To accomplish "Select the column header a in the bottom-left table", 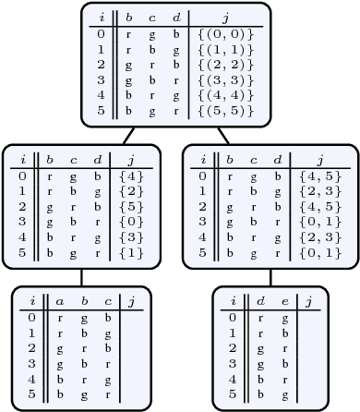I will (59, 301).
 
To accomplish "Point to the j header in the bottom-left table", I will (131, 301).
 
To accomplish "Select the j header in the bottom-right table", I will (308, 301).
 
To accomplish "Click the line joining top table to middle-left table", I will (130, 135).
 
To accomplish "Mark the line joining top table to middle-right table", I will (222, 135).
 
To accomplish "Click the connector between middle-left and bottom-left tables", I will (82, 277).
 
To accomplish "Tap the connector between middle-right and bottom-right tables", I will (270, 277).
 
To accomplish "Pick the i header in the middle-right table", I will (203, 159).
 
